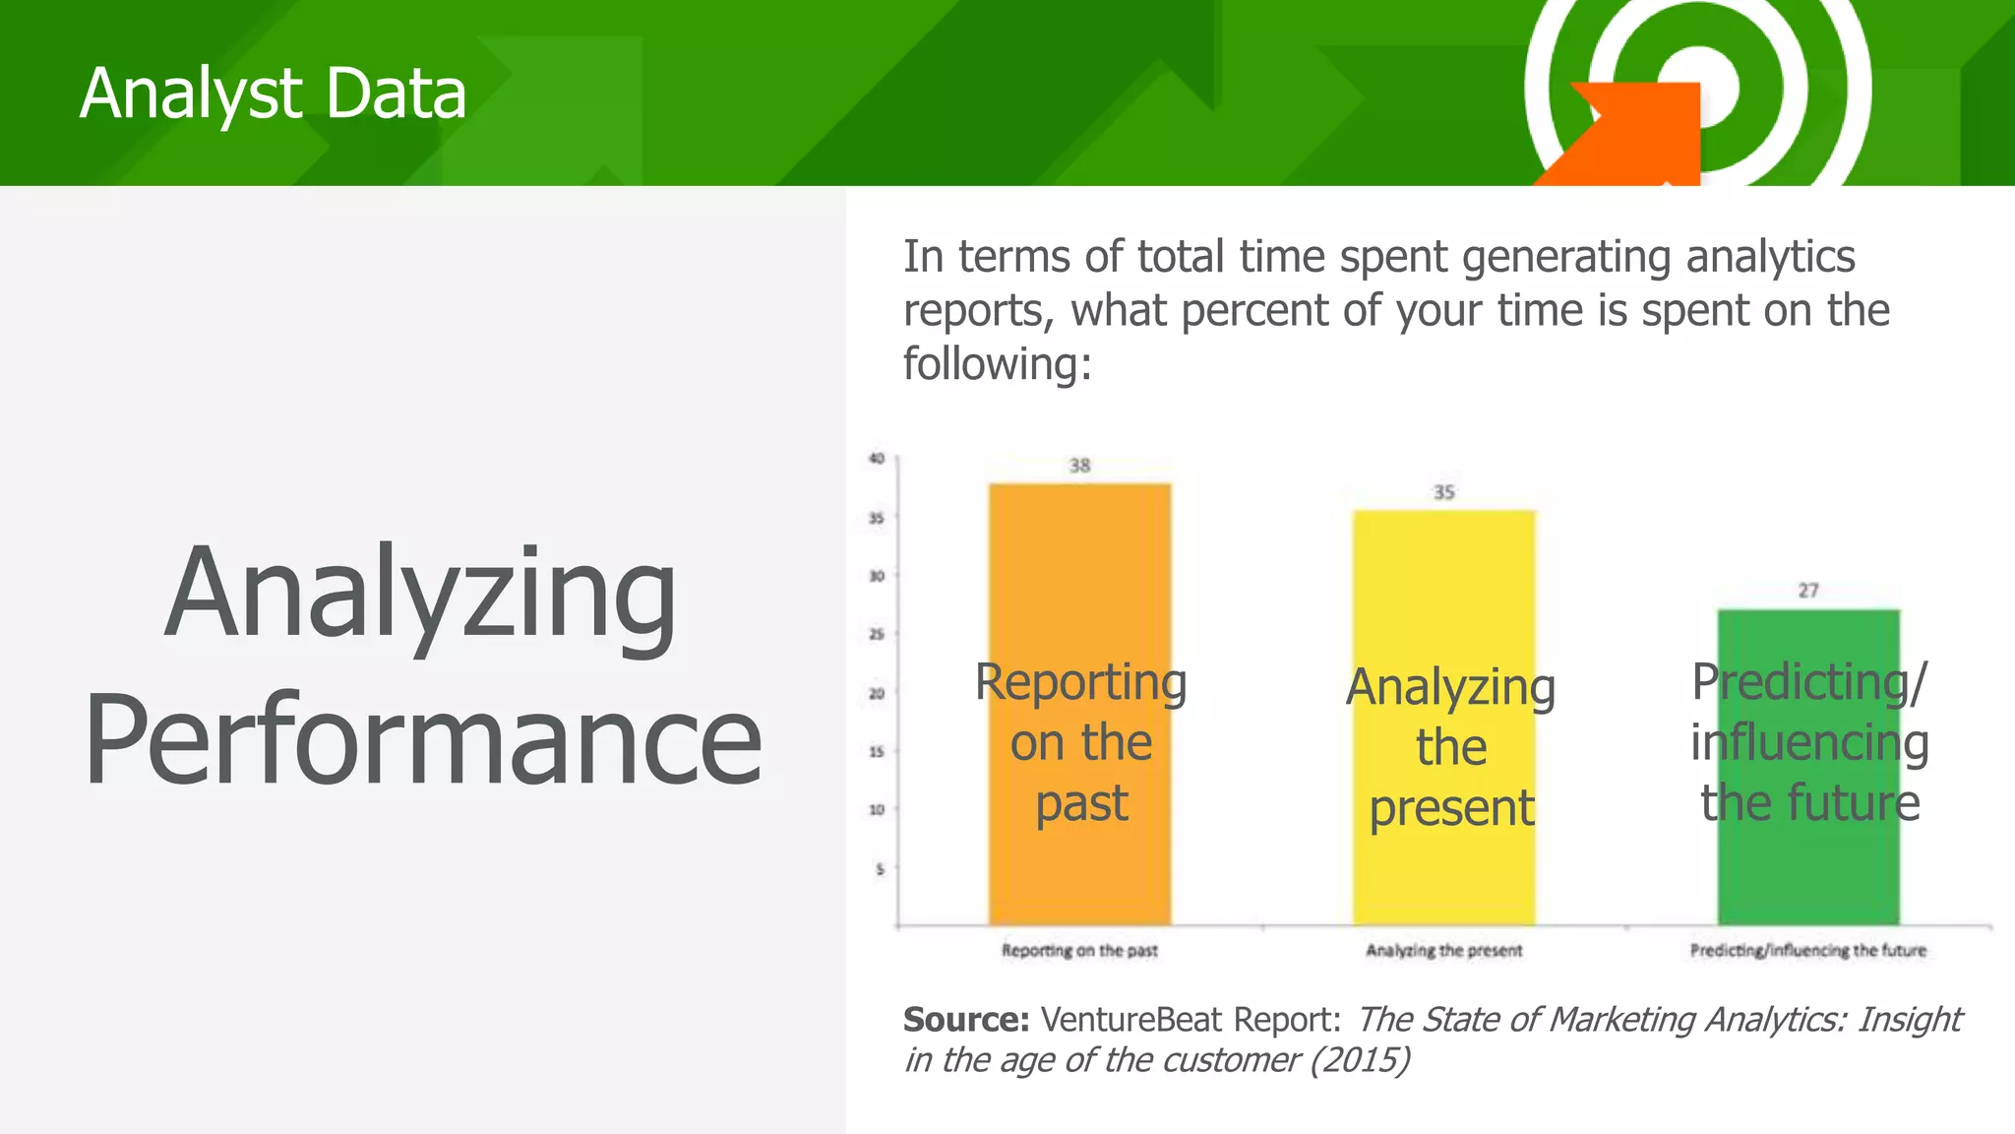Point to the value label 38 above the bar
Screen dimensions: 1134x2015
[x=1079, y=466]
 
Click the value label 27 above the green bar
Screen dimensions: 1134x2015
[x=1808, y=591]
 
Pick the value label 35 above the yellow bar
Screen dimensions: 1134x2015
[x=1443, y=492]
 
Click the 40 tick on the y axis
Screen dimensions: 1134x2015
[x=877, y=459]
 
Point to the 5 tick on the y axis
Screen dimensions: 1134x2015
[x=880, y=869]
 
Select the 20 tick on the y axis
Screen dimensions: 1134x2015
[x=877, y=693]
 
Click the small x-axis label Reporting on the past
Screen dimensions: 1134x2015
[x=1079, y=951]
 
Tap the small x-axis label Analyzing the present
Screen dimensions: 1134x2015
[x=1443, y=951]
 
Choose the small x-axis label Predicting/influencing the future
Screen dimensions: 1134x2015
[x=1808, y=951]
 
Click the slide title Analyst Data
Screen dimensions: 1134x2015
[x=273, y=94]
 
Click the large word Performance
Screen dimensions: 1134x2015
[x=423, y=740]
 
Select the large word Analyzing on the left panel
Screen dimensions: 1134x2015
[x=420, y=595]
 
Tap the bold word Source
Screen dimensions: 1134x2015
[x=965, y=1020]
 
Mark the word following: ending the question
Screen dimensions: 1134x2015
[x=997, y=364]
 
